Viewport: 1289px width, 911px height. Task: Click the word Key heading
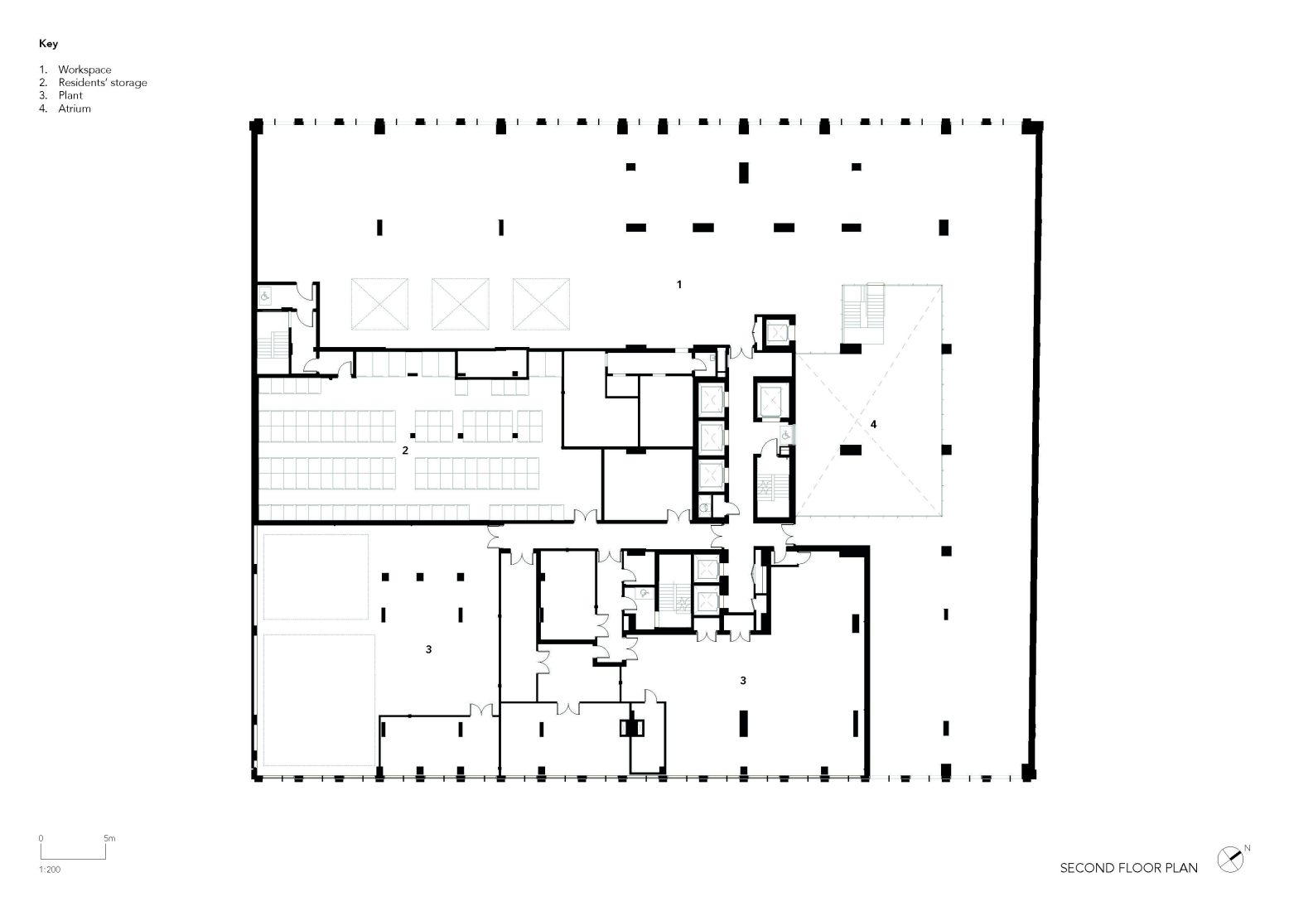click(48, 44)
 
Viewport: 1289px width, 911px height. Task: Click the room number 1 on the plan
click(679, 284)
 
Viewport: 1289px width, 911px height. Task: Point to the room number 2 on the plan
click(405, 451)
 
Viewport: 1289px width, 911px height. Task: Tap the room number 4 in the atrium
click(873, 424)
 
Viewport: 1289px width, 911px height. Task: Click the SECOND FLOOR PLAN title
click(1129, 868)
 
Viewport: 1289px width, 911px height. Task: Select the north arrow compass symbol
click(1230, 860)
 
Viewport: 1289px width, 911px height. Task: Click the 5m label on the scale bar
click(109, 838)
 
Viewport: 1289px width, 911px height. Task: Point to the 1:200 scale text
click(50, 870)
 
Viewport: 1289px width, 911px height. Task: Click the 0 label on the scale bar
click(41, 838)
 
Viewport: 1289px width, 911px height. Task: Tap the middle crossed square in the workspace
click(461, 304)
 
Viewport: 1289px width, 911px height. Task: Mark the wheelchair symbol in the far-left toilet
click(265, 296)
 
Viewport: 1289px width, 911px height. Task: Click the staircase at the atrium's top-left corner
click(863, 314)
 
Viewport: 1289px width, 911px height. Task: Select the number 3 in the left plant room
click(429, 649)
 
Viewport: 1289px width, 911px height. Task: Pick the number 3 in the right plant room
click(743, 681)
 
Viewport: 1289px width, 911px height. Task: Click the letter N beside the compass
click(1247, 848)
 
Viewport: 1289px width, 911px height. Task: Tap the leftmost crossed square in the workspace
click(379, 304)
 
